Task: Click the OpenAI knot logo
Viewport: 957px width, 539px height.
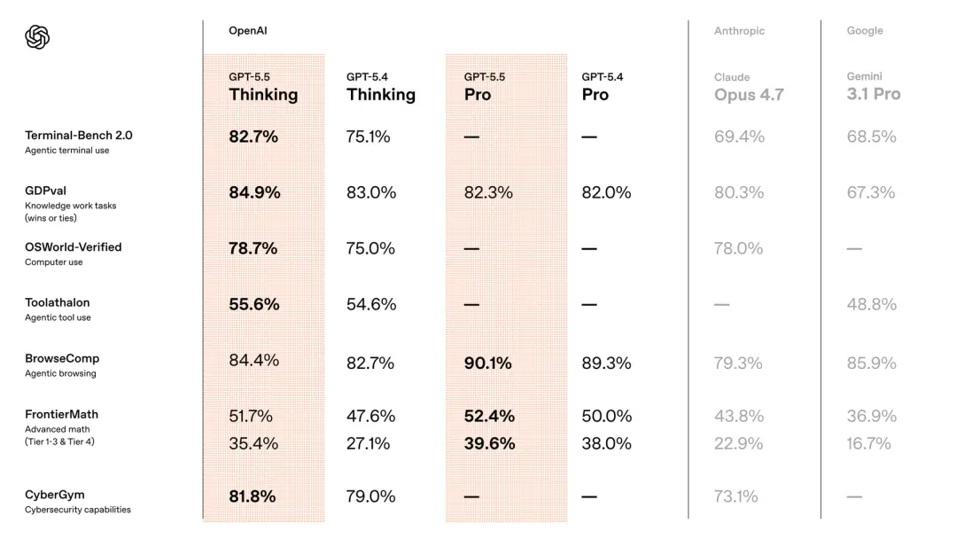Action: click(x=37, y=37)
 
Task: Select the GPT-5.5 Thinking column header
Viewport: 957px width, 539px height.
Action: click(x=263, y=87)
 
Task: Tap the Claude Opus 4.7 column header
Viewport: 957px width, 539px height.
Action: click(x=748, y=87)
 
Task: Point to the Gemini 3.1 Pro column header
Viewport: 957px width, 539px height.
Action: click(x=873, y=87)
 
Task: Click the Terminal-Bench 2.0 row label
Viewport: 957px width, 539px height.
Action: click(x=78, y=136)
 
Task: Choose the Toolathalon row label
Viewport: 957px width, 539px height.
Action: click(x=57, y=302)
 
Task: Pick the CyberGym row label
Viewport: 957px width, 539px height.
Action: click(x=55, y=495)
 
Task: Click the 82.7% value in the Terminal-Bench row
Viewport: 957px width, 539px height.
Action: click(x=253, y=137)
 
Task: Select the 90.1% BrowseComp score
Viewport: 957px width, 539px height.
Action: click(x=487, y=363)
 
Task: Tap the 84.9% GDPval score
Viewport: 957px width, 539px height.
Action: click(x=254, y=192)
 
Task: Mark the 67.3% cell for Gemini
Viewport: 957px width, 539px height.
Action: click(x=871, y=192)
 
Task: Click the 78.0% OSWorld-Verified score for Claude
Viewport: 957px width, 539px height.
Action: click(x=738, y=248)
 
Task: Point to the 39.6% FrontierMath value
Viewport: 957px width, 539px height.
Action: click(x=489, y=443)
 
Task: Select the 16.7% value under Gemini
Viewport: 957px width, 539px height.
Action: click(x=868, y=443)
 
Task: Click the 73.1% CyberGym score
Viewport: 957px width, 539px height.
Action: click(x=735, y=496)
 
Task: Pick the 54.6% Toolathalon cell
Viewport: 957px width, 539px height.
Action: click(x=370, y=304)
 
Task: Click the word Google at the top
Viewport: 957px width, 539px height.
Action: click(x=864, y=31)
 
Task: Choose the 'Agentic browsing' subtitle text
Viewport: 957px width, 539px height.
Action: click(x=60, y=373)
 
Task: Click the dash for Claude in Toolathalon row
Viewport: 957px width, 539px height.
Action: click(x=722, y=305)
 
